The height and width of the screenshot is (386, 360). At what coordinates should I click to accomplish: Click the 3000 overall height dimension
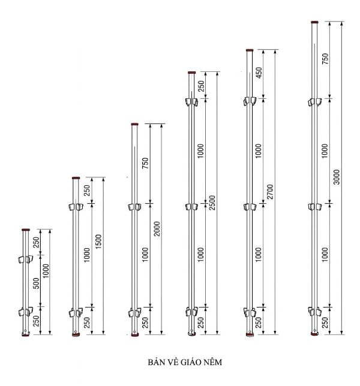337,177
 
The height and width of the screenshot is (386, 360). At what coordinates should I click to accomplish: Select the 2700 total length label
270,192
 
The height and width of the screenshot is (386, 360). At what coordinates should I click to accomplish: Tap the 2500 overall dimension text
212,203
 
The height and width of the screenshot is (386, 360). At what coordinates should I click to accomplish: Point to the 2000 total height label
157,229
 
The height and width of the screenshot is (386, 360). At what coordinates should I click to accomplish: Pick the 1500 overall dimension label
98,241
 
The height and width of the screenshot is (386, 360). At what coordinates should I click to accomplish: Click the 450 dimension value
259,73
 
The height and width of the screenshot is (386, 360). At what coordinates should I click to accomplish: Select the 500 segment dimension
36,283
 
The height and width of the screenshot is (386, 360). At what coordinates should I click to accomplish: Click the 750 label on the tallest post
325,59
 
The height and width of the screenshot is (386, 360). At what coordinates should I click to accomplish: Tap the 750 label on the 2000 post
145,163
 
